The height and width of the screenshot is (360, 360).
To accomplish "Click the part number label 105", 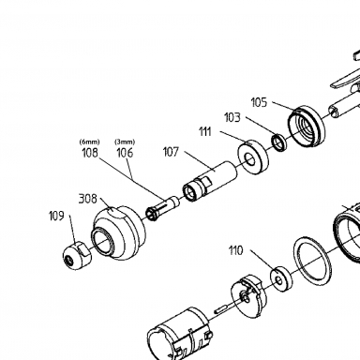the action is [x=259, y=102].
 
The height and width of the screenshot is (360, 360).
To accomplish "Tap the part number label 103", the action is [x=232, y=118].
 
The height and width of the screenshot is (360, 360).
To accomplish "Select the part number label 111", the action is [x=205, y=132].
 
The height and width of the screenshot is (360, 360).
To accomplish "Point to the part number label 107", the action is [x=171, y=152].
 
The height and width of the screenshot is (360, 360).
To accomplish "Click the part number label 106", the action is [x=125, y=153].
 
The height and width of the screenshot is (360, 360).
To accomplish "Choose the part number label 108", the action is [x=90, y=153].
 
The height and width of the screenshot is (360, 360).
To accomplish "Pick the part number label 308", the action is [x=87, y=199].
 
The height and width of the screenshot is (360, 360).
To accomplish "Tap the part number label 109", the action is [x=56, y=216].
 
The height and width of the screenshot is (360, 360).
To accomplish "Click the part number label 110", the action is [x=235, y=250].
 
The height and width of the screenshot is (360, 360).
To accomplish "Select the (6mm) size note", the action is [x=90, y=142].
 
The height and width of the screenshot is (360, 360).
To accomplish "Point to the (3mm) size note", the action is [x=125, y=142].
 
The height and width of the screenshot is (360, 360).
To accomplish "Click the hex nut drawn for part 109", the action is [x=77, y=255].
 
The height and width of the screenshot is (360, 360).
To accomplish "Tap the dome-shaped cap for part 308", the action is [x=119, y=233].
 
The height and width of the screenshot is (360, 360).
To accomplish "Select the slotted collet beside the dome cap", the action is [x=162, y=208].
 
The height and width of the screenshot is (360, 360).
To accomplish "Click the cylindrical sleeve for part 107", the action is [x=210, y=181].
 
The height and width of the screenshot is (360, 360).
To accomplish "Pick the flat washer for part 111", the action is [x=253, y=157].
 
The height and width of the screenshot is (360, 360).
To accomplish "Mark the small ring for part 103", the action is [x=279, y=142].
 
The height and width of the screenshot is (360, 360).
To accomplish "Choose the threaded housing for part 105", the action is [x=307, y=127].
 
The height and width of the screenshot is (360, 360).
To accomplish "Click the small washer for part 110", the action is [x=281, y=279].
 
